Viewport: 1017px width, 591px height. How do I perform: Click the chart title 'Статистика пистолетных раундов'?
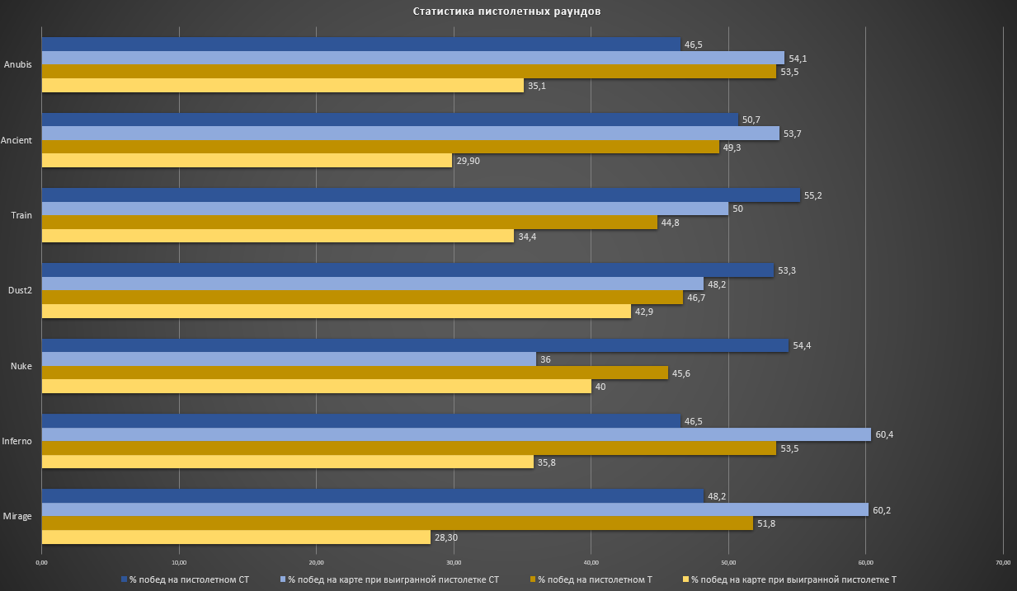[x=507, y=12]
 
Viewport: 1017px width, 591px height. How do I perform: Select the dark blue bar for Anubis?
[x=360, y=45]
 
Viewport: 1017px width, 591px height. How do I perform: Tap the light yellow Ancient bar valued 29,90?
[x=247, y=161]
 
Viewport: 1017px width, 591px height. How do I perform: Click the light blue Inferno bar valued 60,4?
[x=456, y=434]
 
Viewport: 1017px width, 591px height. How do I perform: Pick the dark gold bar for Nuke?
[x=355, y=373]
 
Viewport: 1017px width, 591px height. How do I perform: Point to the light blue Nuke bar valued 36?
[x=289, y=359]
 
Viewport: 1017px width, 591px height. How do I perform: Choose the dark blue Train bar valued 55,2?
[x=421, y=195]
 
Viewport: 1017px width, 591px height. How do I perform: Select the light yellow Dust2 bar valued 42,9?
[x=336, y=312]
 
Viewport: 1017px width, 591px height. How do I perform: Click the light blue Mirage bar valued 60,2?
[x=454, y=510]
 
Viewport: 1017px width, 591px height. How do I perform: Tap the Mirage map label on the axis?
[x=17, y=517]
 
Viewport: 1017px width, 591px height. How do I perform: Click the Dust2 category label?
[x=19, y=291]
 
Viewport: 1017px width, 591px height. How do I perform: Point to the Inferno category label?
[x=17, y=441]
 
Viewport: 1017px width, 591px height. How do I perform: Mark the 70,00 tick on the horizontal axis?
[x=1002, y=563]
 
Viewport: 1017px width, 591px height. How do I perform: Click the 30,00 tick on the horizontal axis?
[x=453, y=563]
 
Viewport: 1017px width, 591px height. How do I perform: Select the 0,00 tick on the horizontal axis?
[x=41, y=563]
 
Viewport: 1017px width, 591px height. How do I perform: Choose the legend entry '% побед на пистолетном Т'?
[x=595, y=579]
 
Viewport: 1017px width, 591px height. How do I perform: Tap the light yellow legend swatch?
[x=685, y=579]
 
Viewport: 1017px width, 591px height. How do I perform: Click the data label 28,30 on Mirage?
[x=445, y=538]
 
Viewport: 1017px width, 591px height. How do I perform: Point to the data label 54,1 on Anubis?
[x=798, y=59]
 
